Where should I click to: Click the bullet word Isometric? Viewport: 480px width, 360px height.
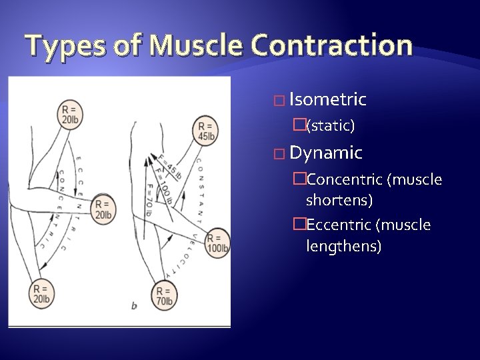coord(328,100)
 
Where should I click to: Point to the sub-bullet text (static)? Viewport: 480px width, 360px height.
coord(330,125)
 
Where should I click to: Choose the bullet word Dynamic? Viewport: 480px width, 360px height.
coord(326,153)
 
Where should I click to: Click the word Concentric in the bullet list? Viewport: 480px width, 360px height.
coord(344,179)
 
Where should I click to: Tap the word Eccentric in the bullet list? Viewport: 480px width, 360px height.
coord(341,225)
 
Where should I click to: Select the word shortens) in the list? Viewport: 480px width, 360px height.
coord(339,199)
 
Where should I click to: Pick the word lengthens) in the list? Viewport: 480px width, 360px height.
coord(343,246)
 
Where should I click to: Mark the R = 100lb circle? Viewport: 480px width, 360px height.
coord(217,243)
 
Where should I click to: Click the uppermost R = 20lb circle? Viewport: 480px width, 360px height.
coord(69,114)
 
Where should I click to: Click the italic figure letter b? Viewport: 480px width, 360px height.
coord(134,305)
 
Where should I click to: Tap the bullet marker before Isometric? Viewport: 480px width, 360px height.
coord(279,101)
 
